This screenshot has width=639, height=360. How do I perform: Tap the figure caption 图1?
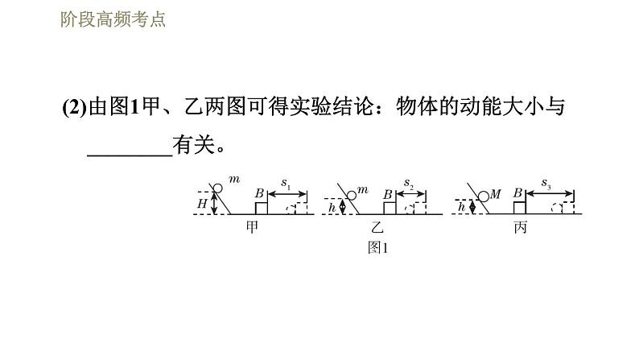click(377, 247)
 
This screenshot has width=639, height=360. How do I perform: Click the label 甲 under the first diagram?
click(254, 227)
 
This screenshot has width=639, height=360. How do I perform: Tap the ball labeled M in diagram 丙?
click(483, 196)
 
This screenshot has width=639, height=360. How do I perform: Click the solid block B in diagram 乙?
click(389, 209)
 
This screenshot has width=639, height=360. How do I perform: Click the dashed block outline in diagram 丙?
click(563, 209)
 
